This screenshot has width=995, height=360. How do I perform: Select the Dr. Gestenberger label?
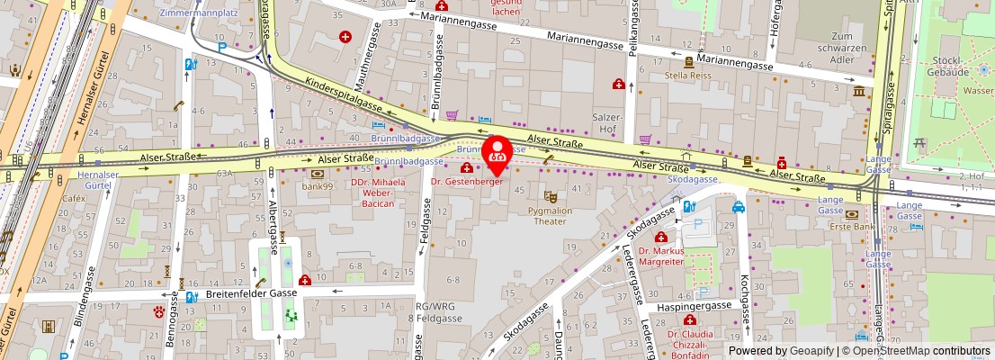pyautogui.click(x=465, y=182)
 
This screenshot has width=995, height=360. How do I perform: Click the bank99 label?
pyautogui.click(x=318, y=186)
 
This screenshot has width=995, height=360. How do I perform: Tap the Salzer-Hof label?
pyautogui.click(x=608, y=123)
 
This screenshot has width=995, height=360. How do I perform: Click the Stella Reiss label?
pyautogui.click(x=689, y=76)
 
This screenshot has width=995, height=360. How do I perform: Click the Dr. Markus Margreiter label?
pyautogui.click(x=661, y=256)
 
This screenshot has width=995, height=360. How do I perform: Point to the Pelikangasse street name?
pyautogui.click(x=632, y=36)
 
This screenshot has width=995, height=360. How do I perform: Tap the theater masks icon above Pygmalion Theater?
pyautogui.click(x=551, y=195)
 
